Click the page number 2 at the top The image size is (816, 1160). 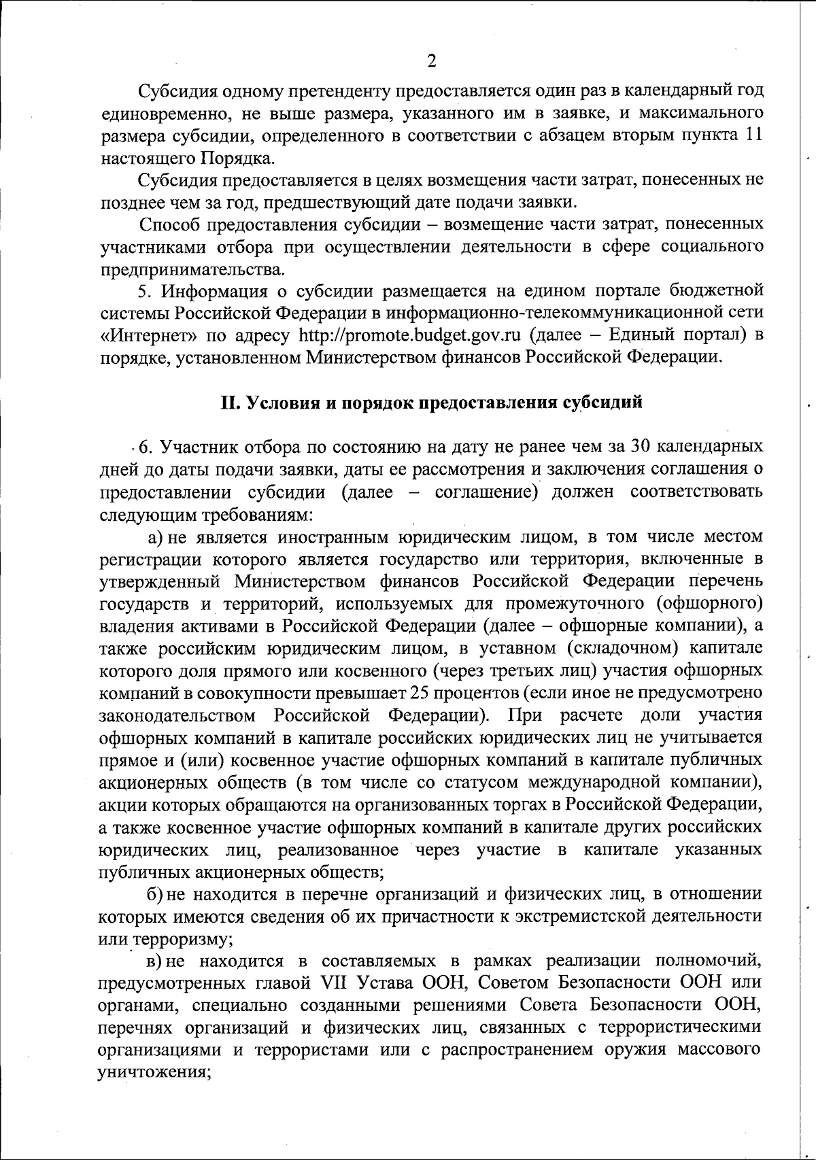[430, 62]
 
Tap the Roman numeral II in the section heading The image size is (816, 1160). [229, 403]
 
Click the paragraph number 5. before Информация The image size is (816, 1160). [143, 291]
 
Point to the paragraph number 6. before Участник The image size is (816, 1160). [145, 447]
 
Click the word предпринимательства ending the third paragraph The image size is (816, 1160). [192, 269]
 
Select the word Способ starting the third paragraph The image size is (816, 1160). [169, 224]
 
